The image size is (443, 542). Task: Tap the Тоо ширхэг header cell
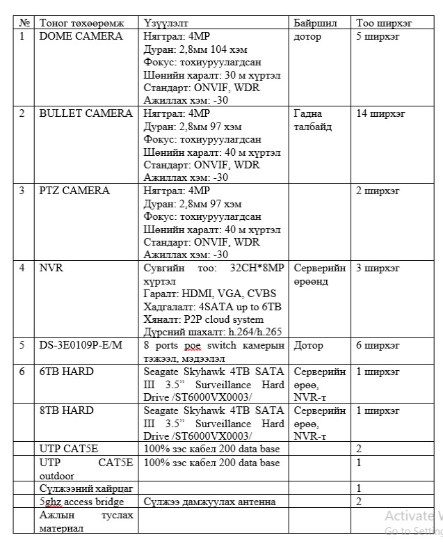(x=384, y=23)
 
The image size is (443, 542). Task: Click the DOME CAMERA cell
(x=81, y=36)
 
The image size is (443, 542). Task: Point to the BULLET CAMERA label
(x=86, y=113)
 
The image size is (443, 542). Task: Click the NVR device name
(x=51, y=268)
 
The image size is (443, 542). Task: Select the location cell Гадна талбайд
(x=313, y=120)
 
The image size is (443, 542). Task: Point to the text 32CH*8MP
(x=252, y=268)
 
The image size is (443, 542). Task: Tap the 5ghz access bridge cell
(x=81, y=502)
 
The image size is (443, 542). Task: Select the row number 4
(x=22, y=268)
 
